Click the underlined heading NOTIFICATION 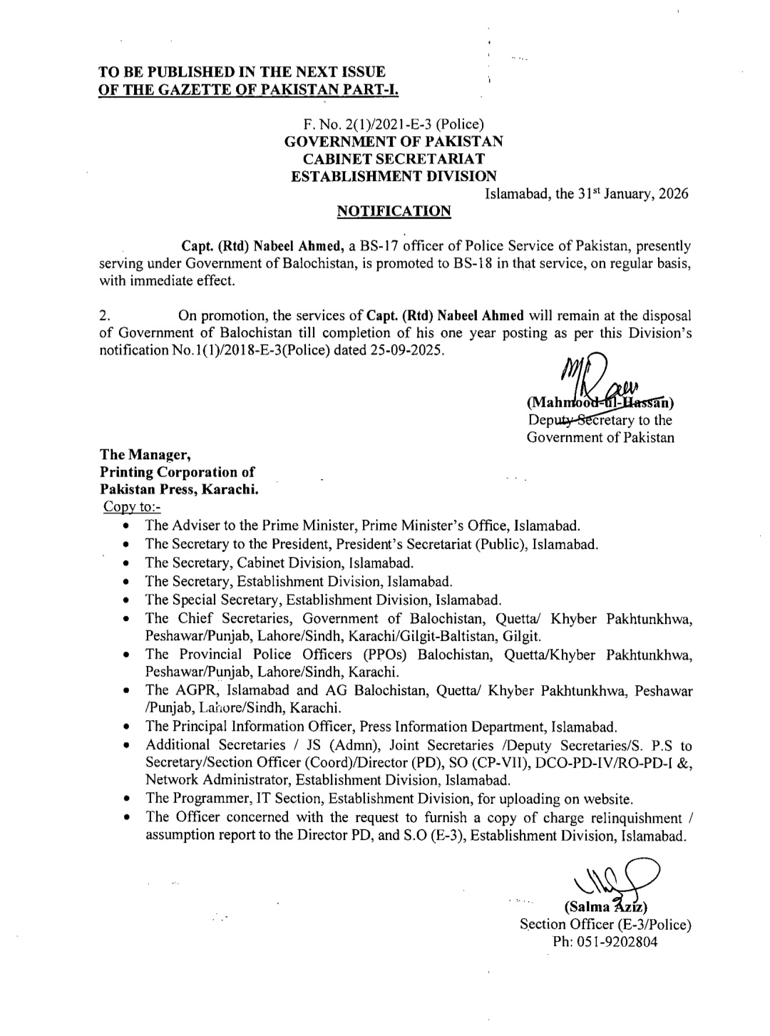point(393,211)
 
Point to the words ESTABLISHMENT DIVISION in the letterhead point(394,175)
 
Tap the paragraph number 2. point(104,316)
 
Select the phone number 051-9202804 point(605,941)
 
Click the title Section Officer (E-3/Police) point(605,925)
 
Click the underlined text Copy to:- point(133,506)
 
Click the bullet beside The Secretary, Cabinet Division point(125,563)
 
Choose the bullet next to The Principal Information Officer point(125,728)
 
